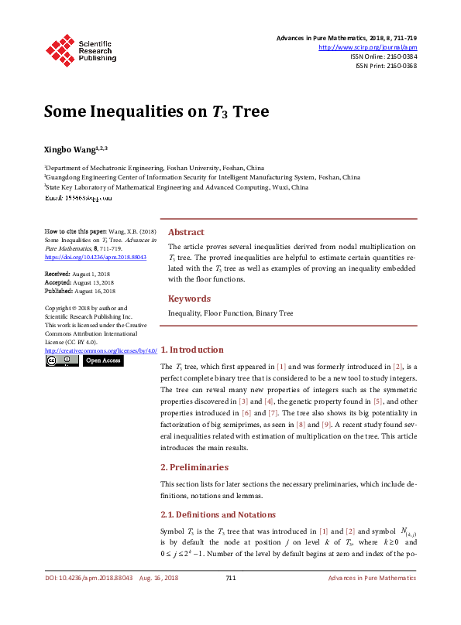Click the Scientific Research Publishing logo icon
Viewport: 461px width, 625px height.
coord(60,50)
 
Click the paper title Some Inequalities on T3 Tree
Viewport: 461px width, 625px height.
coord(156,111)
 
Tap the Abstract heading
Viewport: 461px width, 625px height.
coord(186,232)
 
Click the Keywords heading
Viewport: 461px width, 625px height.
coord(189,299)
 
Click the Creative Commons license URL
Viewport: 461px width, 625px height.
coord(100,350)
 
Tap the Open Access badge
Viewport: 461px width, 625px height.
coord(103,360)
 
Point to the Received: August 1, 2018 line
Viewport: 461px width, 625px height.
coord(78,274)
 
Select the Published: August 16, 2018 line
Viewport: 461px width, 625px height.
coord(80,291)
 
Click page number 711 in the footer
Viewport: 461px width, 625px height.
coord(230,578)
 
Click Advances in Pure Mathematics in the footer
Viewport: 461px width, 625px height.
coord(372,578)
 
